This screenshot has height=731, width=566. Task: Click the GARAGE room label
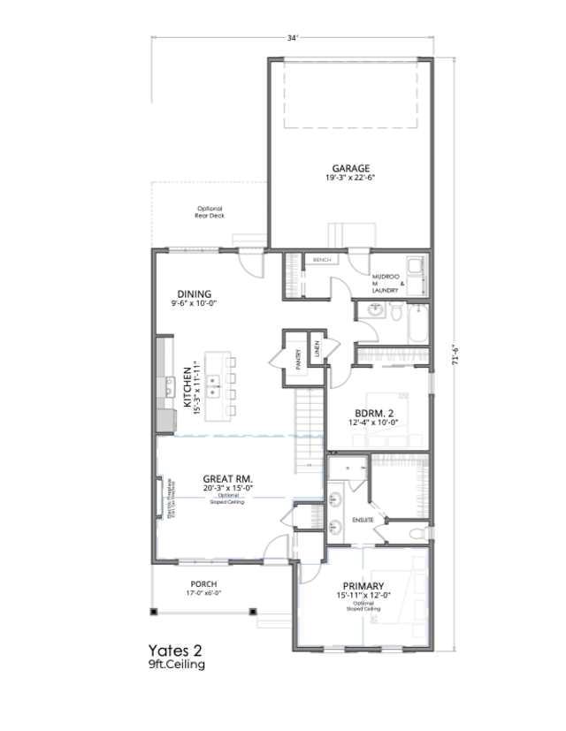pyautogui.click(x=351, y=168)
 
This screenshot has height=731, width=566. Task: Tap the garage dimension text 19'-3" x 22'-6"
pyautogui.click(x=351, y=178)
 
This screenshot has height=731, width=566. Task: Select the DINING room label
pyautogui.click(x=194, y=294)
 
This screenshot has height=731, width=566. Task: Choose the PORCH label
pyautogui.click(x=203, y=584)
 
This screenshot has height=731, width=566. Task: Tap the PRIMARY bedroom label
pyautogui.click(x=363, y=586)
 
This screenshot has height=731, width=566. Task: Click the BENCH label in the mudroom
pyautogui.click(x=321, y=260)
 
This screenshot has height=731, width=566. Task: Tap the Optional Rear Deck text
pyautogui.click(x=209, y=211)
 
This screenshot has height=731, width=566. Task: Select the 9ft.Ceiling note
pyautogui.click(x=177, y=664)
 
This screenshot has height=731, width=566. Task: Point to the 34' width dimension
pyautogui.click(x=293, y=38)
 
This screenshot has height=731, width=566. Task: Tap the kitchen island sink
pyautogui.click(x=215, y=383)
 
